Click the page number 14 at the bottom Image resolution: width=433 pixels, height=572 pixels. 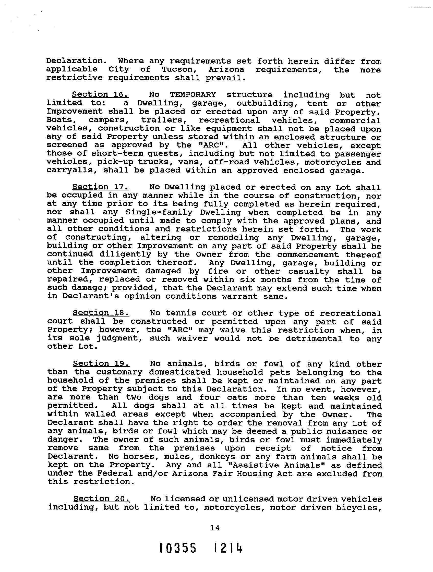pyautogui.click(x=215, y=528)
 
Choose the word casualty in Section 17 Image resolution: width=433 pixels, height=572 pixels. pyautogui.click(x=309, y=271)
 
